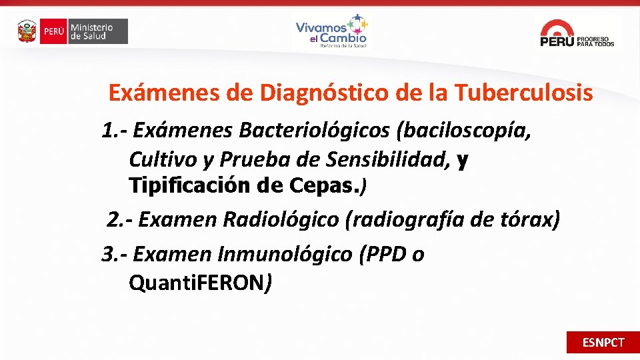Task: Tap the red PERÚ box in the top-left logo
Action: pos(53,31)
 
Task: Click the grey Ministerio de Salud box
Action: pos(98,31)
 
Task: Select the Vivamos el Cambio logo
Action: pos(331,31)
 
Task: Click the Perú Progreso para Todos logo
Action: pos(577,33)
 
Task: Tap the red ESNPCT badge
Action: pos(603,342)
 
